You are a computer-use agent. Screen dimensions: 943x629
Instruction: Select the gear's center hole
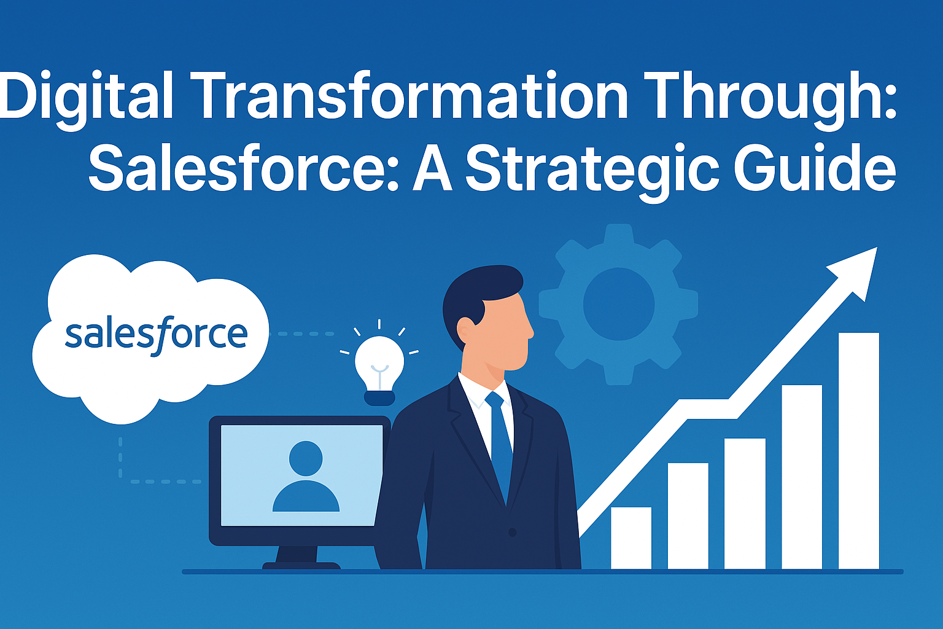point(618,304)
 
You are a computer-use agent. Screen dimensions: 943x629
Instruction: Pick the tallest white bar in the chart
point(859,451)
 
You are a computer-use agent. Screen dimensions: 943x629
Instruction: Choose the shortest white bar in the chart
point(631,538)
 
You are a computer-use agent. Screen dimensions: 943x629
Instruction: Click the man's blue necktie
point(500,447)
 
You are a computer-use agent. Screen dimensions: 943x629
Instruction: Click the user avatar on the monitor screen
point(306,477)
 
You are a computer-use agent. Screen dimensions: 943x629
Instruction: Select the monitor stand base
point(301,566)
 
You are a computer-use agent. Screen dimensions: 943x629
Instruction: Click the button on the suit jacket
point(513,533)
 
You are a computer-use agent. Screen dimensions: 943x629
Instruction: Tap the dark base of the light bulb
point(379,398)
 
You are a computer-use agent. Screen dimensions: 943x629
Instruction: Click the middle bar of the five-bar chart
point(745,504)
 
